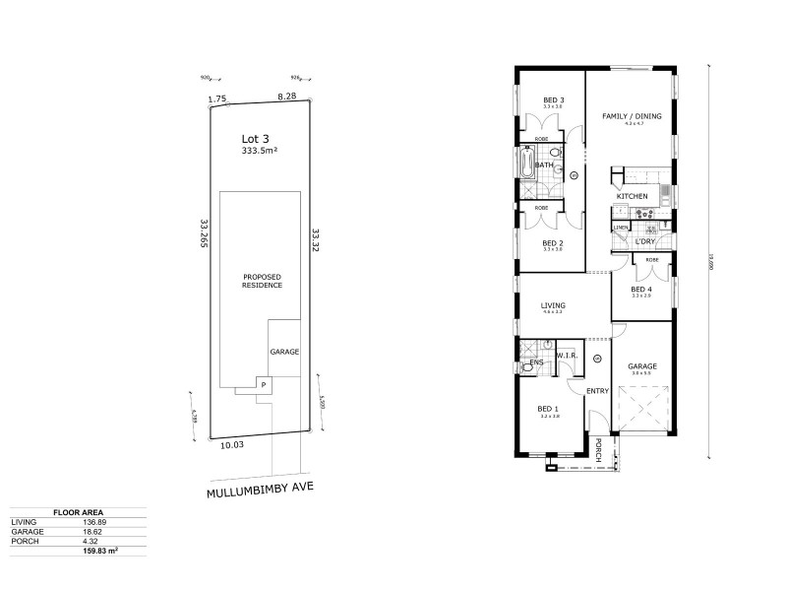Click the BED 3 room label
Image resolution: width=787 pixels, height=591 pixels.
[554, 99]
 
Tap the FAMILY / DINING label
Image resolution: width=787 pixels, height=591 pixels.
[632, 116]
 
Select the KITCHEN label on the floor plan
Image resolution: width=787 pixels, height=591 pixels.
[632, 197]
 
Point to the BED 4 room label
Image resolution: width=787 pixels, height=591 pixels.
[642, 289]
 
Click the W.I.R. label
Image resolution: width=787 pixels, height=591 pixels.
[566, 355]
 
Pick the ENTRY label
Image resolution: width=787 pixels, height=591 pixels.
[597, 391]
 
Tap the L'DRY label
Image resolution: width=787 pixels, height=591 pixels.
[645, 241]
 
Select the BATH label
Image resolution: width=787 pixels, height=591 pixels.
[543, 165]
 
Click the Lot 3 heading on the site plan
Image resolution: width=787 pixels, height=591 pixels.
[256, 139]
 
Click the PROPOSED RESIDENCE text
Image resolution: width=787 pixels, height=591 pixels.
[263, 281]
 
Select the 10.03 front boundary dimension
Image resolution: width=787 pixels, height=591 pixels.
[232, 445]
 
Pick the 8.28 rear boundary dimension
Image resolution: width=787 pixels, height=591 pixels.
[286, 97]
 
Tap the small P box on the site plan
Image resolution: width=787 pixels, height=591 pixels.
[263, 383]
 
